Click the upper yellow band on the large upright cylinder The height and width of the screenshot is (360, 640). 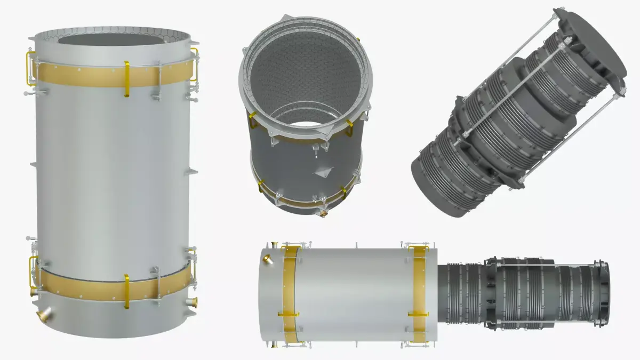coord(80,76)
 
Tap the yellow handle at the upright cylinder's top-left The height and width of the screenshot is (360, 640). coord(31,68)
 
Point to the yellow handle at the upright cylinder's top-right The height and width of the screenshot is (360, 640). coord(194,64)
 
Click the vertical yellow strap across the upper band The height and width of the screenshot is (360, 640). coord(127,79)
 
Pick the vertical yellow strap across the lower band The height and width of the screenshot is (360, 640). coord(126,291)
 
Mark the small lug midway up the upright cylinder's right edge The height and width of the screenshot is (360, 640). coord(191,172)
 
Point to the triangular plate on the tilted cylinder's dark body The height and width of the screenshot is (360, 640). coord(324,172)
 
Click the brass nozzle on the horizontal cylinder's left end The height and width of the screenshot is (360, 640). coord(267,260)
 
